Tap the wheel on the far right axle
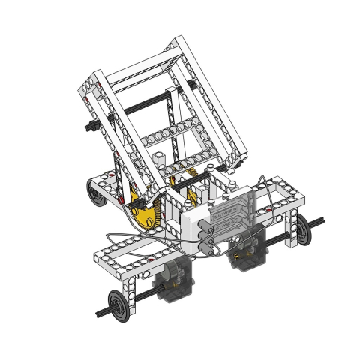(x=301, y=232)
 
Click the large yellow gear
(x=145, y=212)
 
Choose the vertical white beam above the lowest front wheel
(x=133, y=285)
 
